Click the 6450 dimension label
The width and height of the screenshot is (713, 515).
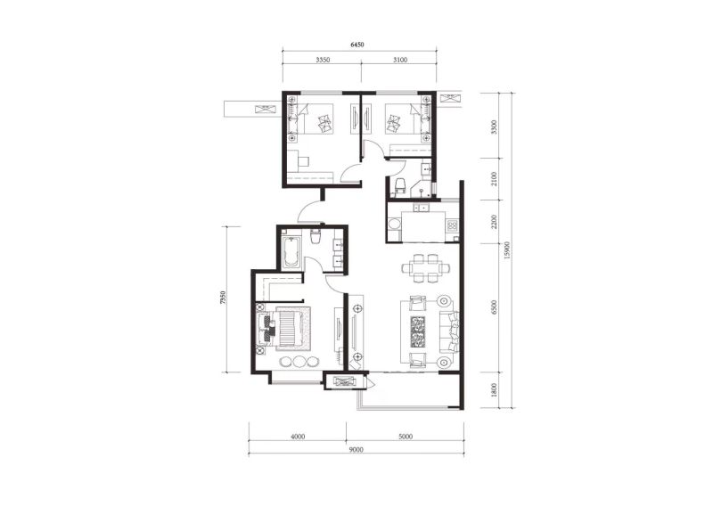357,45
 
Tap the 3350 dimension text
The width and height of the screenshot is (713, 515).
323,60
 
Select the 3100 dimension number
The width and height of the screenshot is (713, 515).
400,60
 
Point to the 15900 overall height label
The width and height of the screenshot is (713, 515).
508,250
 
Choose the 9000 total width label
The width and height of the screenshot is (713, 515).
357,450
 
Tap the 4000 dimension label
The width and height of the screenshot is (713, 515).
298,437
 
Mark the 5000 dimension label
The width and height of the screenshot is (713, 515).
406,437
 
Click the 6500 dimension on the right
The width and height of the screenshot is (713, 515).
495,307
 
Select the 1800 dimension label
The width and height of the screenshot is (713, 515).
495,390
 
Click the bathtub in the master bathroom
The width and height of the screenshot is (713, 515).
291,252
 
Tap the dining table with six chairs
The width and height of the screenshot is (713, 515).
426,267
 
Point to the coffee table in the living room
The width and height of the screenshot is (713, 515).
418,331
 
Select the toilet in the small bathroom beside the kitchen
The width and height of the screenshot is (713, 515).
399,186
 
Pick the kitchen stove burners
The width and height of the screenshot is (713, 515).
452,225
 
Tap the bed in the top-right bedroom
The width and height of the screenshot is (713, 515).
402,119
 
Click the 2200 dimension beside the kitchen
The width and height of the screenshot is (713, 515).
495,221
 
